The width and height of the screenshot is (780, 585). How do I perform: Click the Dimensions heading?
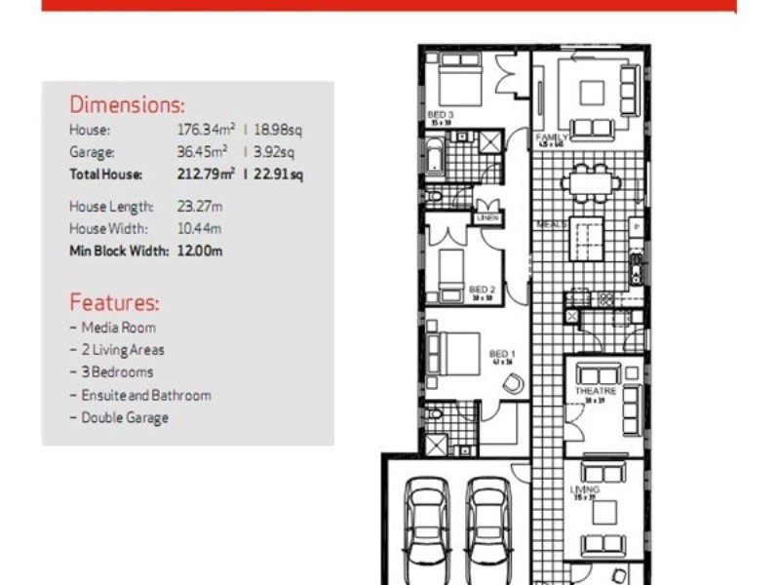127,105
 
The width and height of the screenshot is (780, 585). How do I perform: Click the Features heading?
114,302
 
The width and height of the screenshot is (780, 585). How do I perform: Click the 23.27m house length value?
198,207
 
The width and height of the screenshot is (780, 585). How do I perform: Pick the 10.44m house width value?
198,229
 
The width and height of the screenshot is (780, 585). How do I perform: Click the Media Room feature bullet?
118,328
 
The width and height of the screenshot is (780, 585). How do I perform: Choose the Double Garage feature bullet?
124,417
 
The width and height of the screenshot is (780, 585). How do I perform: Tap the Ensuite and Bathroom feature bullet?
145,395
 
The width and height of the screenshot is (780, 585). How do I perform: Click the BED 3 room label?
441,115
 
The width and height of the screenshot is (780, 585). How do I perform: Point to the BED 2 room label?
483,290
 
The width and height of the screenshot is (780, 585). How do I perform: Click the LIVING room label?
585,489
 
